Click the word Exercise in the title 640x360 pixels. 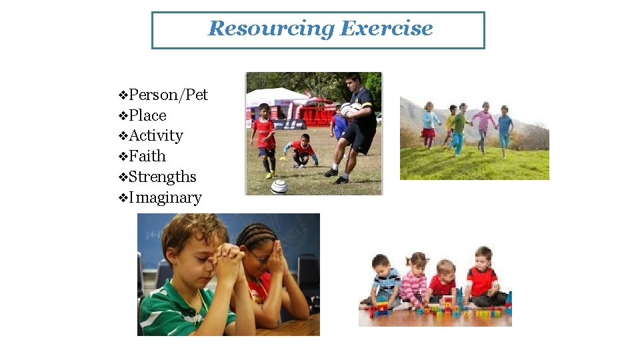pos(387,29)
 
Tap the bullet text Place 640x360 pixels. pos(147,115)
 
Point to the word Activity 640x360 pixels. pos(156,136)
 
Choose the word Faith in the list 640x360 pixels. pos(147,157)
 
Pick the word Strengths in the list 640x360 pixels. pos(163,177)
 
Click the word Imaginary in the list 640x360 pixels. pos(165,198)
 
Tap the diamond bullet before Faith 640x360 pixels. pos(122,157)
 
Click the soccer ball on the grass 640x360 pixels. pos(279,187)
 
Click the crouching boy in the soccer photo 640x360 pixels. pos(302,150)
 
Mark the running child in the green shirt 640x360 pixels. pos(458,127)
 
